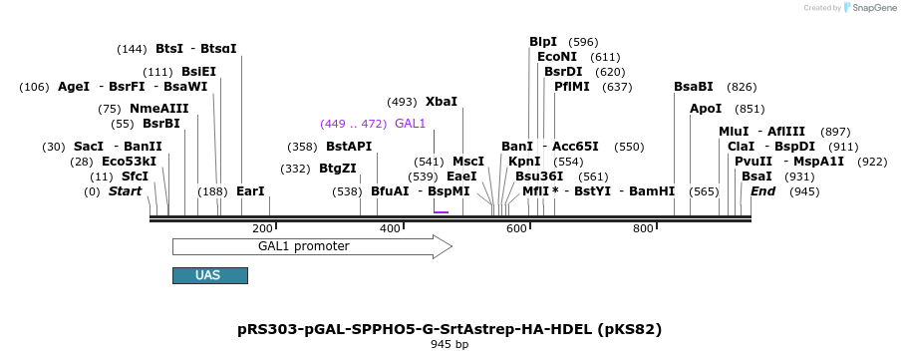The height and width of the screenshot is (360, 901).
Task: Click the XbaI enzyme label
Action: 441,102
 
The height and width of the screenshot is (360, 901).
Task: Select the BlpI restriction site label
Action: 543,42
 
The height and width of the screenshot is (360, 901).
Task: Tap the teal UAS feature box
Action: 209,275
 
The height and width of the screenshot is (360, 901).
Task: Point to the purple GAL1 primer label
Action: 410,124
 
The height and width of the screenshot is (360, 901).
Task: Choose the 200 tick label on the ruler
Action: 262,229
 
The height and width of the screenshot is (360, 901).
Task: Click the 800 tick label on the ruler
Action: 644,229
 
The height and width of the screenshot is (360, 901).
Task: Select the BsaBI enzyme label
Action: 694,87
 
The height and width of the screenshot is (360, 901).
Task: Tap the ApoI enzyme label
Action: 706,109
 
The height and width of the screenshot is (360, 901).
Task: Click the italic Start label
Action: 126,190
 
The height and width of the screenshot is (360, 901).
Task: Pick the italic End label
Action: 762,190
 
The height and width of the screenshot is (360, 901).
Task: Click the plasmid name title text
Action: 450,328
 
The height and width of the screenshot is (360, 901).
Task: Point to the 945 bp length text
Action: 450,344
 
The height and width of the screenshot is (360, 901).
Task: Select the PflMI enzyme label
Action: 572,87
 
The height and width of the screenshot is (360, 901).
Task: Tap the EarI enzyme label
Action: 250,190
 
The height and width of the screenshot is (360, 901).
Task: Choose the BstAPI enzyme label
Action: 349,146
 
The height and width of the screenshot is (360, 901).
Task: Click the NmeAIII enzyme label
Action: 158,109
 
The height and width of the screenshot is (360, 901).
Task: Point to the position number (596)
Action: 583,42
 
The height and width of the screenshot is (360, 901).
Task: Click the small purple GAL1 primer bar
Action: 441,211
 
